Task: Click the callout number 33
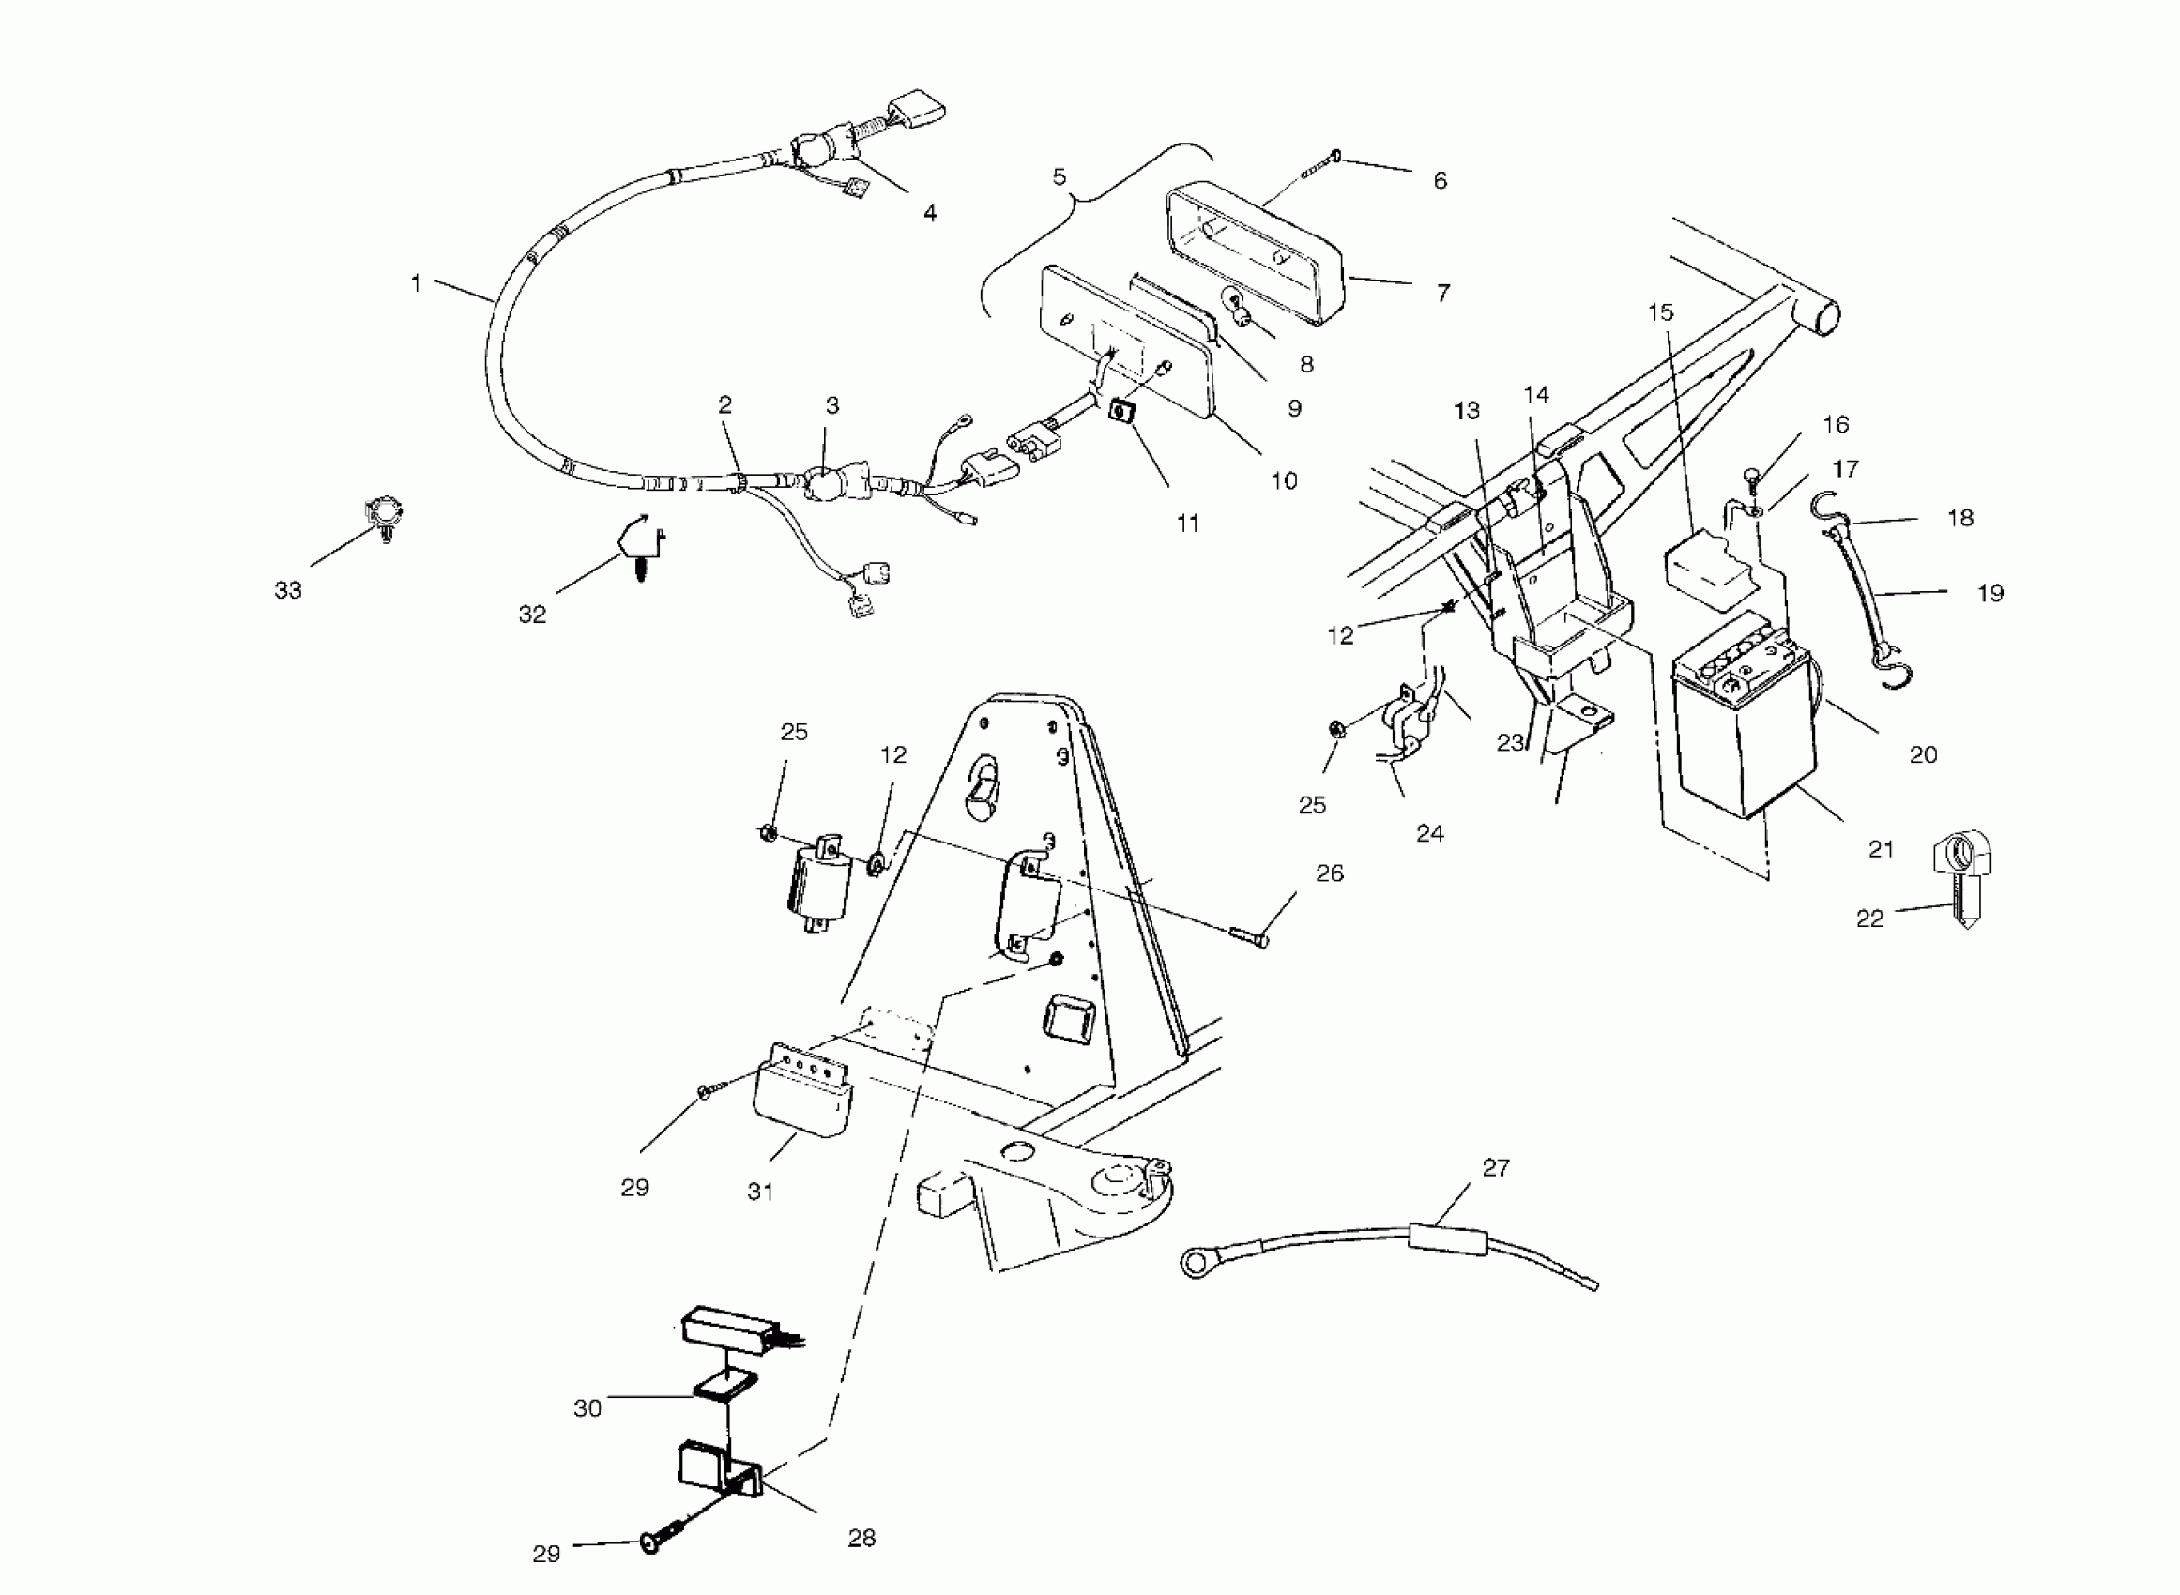288,590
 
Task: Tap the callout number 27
1496,1167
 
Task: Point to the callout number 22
1870,919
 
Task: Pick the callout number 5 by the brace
1060,176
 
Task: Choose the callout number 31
761,1192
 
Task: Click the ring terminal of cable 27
1198,1260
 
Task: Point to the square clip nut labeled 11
1121,413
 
